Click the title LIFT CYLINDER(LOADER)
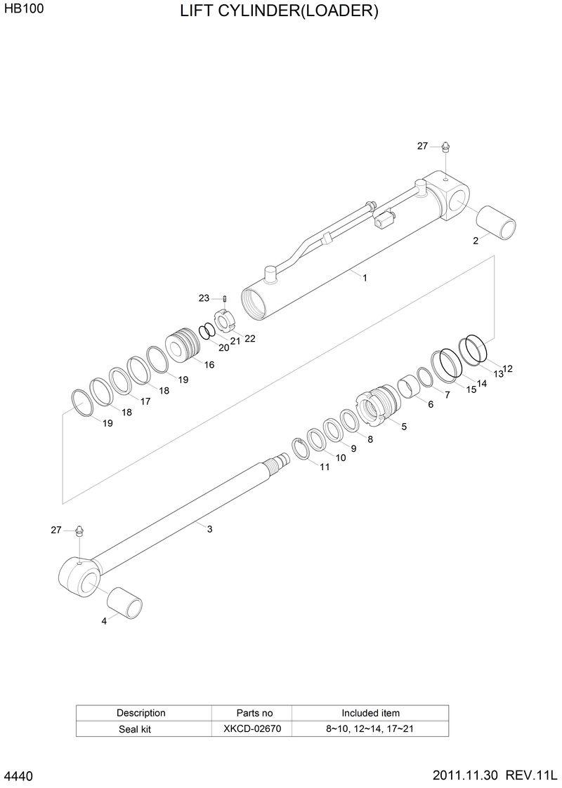coord(279,12)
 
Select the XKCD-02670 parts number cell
coord(252,728)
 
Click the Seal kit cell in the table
coord(134,729)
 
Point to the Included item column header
coord(370,713)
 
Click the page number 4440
coord(19,777)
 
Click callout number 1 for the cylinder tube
coord(365,278)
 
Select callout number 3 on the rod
coord(209,529)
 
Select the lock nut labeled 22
coord(224,321)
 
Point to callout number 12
coord(508,368)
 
